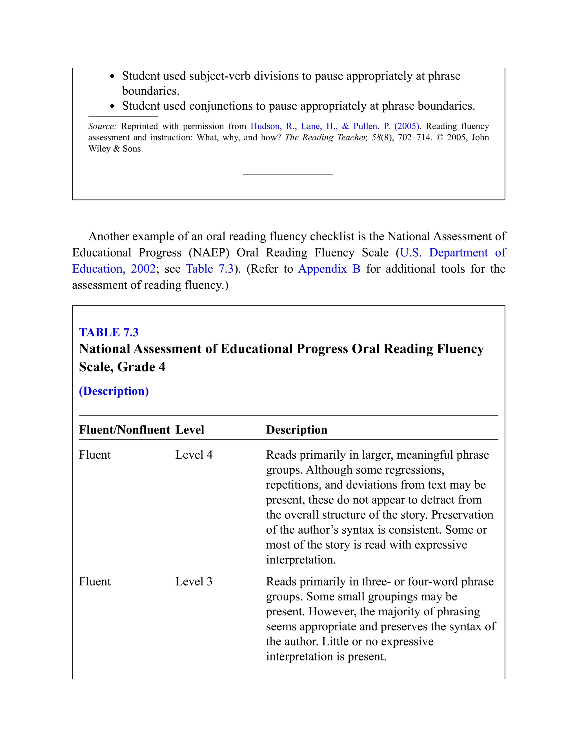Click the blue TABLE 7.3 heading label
click(109, 332)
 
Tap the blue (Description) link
click(114, 391)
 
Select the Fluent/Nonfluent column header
click(125, 430)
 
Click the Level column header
click(190, 430)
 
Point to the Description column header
click(297, 430)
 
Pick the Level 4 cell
click(194, 455)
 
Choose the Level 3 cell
click(194, 582)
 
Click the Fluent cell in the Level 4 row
click(95, 455)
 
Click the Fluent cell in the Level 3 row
click(95, 582)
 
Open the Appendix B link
click(329, 269)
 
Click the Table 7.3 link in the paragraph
click(210, 269)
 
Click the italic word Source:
click(102, 126)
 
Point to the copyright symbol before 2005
click(440, 138)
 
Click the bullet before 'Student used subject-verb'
click(112, 77)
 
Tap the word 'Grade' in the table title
click(136, 367)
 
